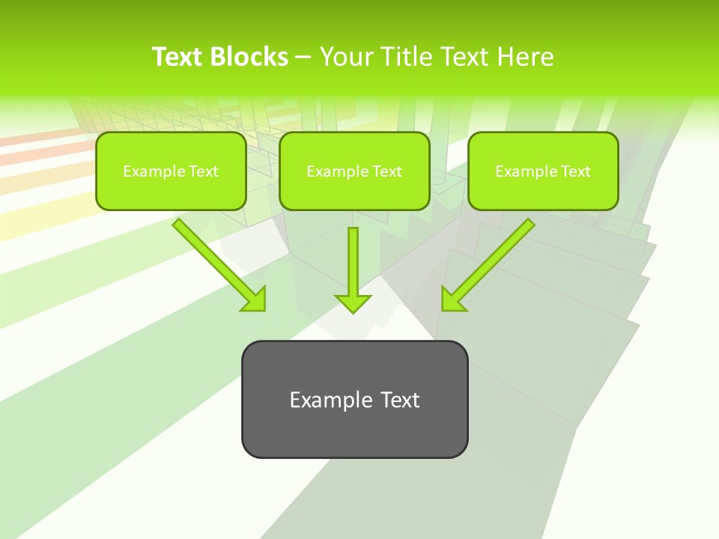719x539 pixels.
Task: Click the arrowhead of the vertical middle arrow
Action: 353,303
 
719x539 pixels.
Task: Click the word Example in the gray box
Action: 321,400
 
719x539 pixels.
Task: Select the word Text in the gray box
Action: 400,400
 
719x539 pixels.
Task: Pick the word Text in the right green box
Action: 575,171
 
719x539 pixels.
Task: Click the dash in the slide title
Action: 303,57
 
